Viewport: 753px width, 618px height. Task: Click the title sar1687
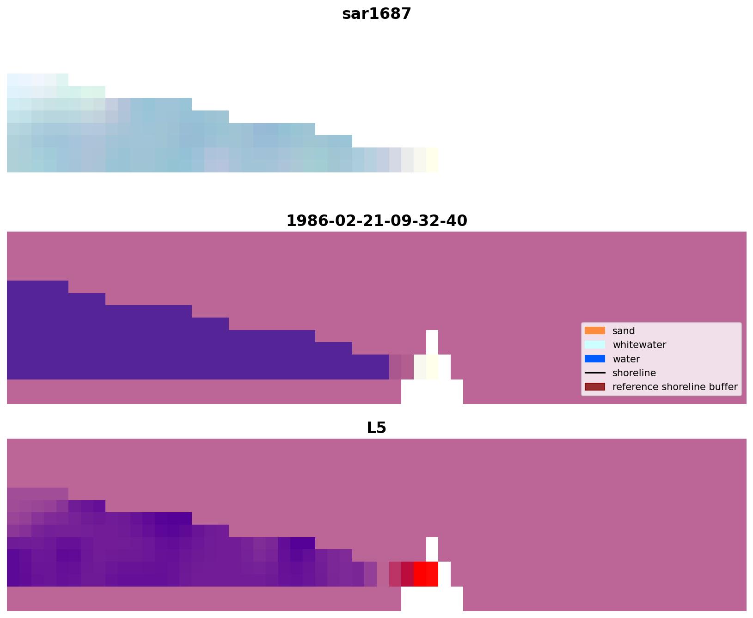pyautogui.click(x=376, y=14)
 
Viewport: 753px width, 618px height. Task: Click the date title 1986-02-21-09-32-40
pyautogui.click(x=376, y=220)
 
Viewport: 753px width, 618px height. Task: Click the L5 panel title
pyautogui.click(x=376, y=428)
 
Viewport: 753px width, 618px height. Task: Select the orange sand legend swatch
pyautogui.click(x=594, y=330)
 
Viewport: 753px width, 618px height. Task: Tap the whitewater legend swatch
pyautogui.click(x=594, y=344)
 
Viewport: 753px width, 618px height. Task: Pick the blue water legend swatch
pyautogui.click(x=594, y=359)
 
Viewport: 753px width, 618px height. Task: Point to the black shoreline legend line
pyautogui.click(x=594, y=373)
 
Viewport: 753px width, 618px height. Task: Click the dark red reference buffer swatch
pyautogui.click(x=594, y=386)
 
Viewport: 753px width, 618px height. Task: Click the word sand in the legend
pyautogui.click(x=623, y=331)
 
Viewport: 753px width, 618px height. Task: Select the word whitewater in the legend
pyautogui.click(x=639, y=345)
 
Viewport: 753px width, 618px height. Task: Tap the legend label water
pyautogui.click(x=626, y=359)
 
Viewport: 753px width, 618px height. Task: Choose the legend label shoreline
pyautogui.click(x=634, y=373)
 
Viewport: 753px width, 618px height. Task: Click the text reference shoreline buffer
pyautogui.click(x=674, y=387)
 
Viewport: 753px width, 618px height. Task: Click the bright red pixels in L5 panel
pyautogui.click(x=426, y=574)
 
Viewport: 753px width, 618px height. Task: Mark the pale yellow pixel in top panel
pyautogui.click(x=432, y=160)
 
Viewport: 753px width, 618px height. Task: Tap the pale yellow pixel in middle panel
pyautogui.click(x=432, y=367)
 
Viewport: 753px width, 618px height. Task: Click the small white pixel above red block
pyautogui.click(x=432, y=549)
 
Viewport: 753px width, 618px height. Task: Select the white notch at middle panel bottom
pyautogui.click(x=432, y=392)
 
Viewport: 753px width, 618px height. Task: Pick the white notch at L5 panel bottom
pyautogui.click(x=432, y=599)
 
